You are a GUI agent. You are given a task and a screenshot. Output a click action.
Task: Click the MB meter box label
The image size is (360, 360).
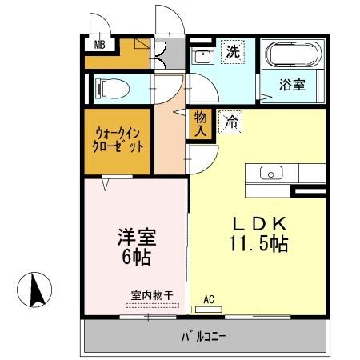[100, 44]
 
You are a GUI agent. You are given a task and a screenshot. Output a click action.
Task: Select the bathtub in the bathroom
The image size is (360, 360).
[293, 56]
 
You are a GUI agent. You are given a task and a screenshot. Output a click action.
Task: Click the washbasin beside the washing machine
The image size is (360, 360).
[202, 57]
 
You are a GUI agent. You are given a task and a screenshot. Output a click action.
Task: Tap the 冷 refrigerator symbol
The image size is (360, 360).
[230, 122]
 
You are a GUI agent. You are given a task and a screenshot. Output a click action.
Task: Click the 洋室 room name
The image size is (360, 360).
[135, 238]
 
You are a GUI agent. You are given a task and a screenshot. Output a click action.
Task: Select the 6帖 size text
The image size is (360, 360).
[136, 258]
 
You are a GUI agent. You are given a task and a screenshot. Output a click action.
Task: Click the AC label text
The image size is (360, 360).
[209, 299]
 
